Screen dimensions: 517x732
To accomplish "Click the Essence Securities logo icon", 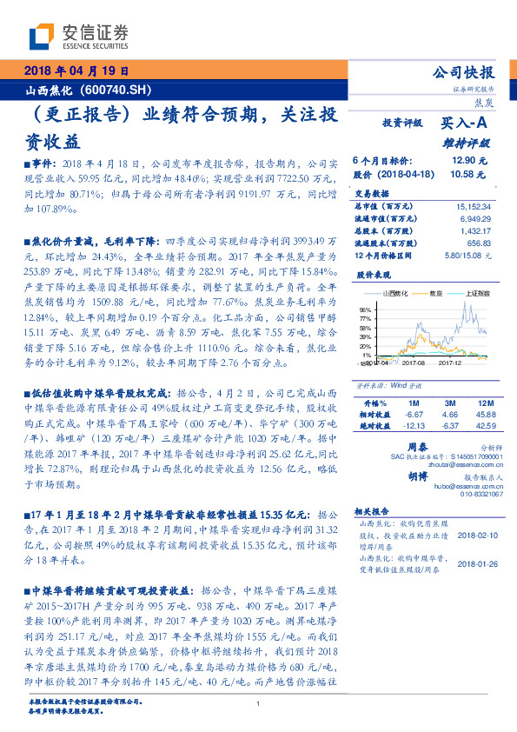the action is click(43, 36).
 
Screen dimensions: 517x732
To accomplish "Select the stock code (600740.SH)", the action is click(116, 89).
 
